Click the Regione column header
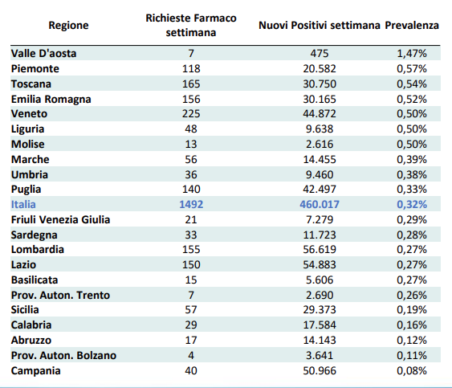[68, 26]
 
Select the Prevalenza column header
[412, 26]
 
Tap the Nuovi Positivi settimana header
[320, 26]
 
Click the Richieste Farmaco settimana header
[191, 25]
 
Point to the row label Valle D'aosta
[44, 53]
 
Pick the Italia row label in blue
[23, 204]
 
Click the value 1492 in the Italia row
[191, 204]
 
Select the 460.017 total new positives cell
[320, 204]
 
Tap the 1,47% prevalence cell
[412, 53]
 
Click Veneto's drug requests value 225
[191, 113]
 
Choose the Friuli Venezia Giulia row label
[60, 219]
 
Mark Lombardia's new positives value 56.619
[320, 249]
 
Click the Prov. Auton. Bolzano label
[63, 355]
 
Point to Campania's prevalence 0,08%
[412, 370]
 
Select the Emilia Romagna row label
[51, 100]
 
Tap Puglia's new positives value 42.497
[320, 189]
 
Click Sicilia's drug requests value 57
[191, 309]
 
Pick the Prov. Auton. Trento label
[60, 295]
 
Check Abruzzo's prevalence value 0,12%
[412, 340]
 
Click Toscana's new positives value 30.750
[320, 84]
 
